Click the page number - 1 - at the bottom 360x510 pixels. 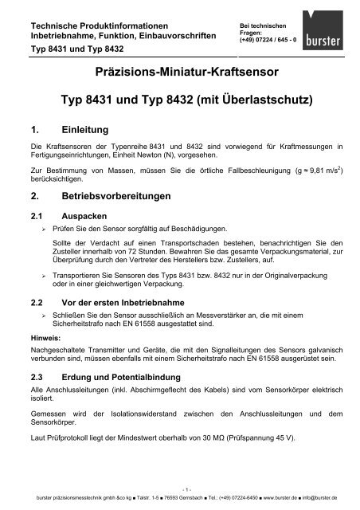point(180,490)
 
